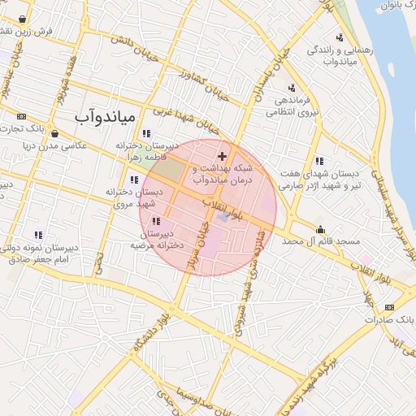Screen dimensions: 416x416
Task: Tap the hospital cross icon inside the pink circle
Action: click(x=222, y=155)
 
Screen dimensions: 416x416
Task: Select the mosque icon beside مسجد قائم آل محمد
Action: click(x=321, y=229)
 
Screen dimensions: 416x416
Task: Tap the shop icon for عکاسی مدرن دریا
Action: click(x=54, y=134)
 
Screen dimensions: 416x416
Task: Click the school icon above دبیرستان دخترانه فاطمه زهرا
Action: click(x=145, y=133)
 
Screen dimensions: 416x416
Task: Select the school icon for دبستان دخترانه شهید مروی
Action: click(x=133, y=180)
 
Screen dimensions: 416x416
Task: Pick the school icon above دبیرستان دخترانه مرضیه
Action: click(x=156, y=221)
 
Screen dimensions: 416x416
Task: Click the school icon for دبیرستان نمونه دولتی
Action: click(x=37, y=235)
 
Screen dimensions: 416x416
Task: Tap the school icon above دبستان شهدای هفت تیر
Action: click(x=319, y=161)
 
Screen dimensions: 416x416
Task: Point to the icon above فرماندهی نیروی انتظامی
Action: click(x=291, y=88)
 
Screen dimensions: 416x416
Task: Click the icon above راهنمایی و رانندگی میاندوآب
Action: click(x=339, y=37)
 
